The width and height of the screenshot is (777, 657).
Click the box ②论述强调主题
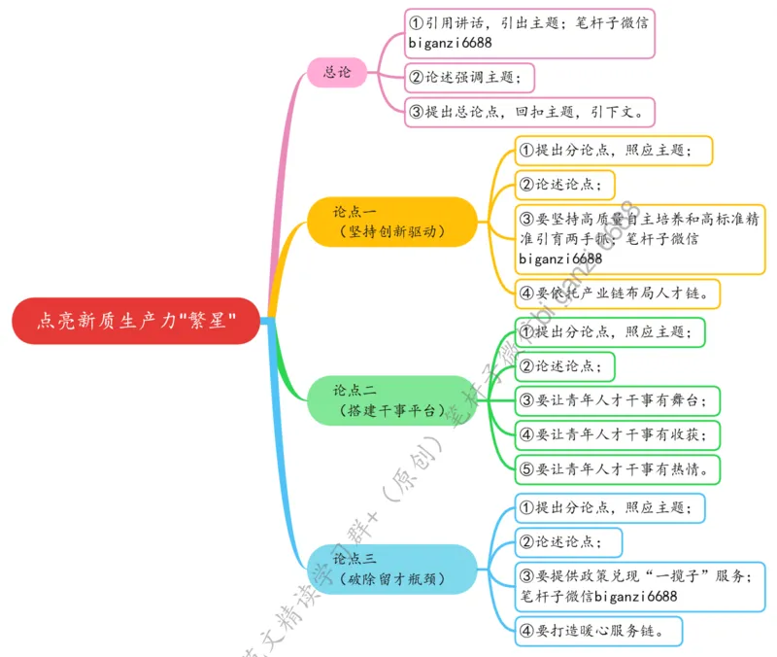click(x=470, y=76)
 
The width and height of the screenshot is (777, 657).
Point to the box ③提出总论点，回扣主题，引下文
click(x=529, y=111)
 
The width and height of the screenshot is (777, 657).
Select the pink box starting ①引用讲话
click(x=529, y=34)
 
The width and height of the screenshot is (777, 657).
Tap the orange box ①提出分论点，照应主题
click(x=613, y=150)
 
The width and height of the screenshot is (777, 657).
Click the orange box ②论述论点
click(x=564, y=184)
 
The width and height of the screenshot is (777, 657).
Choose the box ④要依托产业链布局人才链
click(x=618, y=292)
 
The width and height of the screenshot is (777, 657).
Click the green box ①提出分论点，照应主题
click(x=609, y=331)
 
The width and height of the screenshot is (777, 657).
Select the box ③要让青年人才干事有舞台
click(x=618, y=398)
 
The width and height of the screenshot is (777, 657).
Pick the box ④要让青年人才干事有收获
click(x=618, y=433)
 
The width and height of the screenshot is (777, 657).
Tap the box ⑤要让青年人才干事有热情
click(x=618, y=468)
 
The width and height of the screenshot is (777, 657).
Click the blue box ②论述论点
click(x=568, y=541)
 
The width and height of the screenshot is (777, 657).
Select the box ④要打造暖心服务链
click(x=598, y=631)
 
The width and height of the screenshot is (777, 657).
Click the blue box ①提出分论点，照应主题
click(x=609, y=506)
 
